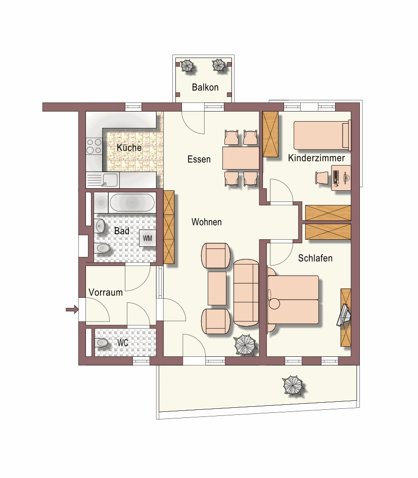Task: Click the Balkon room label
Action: tap(205, 87)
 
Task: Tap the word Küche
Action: tap(129, 147)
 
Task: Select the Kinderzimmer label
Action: tap(316, 158)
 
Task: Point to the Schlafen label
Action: tap(315, 258)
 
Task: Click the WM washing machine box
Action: tap(148, 238)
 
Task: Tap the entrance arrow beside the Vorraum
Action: tap(72, 310)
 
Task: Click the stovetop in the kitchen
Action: tap(94, 146)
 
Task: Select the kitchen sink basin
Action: tap(110, 180)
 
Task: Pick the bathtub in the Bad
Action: tap(132, 202)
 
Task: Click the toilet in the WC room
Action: tap(102, 343)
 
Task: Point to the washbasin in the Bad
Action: tap(100, 226)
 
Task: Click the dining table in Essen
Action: tap(241, 158)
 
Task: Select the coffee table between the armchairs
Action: tap(217, 288)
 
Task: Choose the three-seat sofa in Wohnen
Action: tap(246, 293)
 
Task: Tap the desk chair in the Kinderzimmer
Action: tap(321, 178)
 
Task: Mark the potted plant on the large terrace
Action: tap(294, 385)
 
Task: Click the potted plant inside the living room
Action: tap(245, 345)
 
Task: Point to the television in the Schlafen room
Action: tap(344, 314)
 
